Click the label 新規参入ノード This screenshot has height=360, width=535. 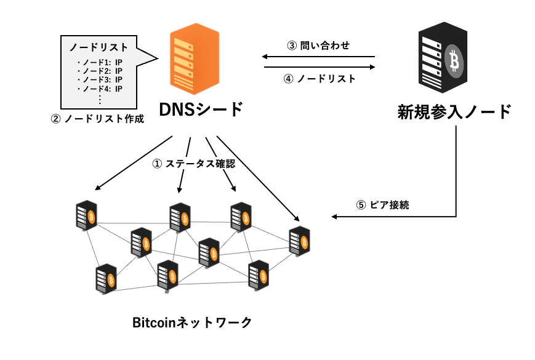tap(454, 112)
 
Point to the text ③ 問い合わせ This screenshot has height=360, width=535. tap(318, 46)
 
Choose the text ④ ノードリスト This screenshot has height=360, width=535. tap(320, 79)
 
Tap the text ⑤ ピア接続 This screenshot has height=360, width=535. tap(382, 206)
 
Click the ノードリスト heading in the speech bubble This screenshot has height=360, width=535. tap(99, 47)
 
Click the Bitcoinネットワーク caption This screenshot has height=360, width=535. tap(192, 322)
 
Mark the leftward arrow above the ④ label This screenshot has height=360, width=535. tap(320, 57)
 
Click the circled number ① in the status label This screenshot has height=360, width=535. tap(156, 164)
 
